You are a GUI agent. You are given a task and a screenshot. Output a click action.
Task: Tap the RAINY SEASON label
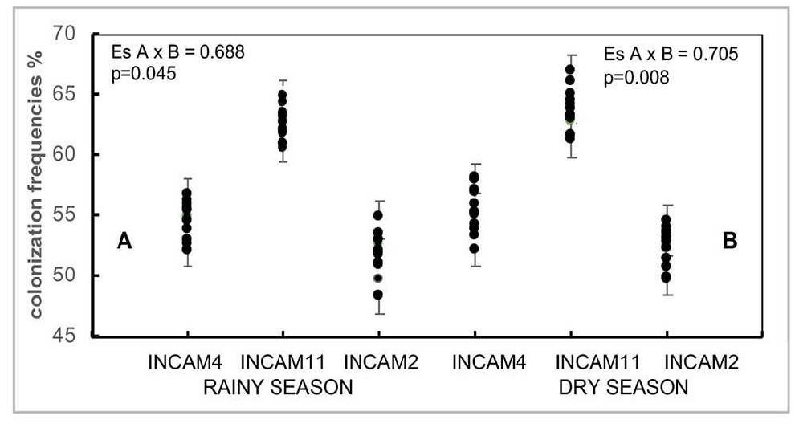278,388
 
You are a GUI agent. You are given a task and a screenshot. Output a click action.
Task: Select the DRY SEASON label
624,388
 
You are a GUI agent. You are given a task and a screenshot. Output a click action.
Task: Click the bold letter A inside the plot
124,240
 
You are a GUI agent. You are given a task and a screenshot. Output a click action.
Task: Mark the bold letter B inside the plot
729,240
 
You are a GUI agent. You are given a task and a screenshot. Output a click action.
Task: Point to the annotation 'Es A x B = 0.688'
177,53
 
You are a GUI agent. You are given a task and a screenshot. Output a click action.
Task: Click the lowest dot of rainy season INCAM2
377,295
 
